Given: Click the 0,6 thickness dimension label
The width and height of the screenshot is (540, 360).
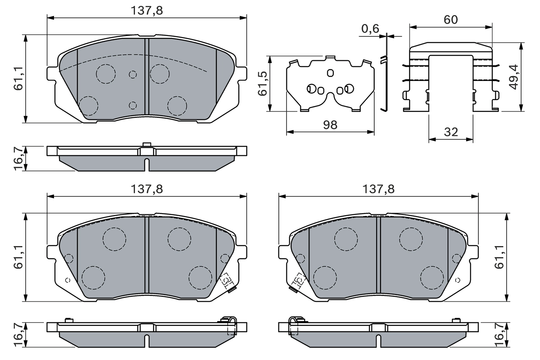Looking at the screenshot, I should click(x=370, y=29).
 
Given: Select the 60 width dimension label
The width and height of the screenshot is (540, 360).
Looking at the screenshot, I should click(x=451, y=19).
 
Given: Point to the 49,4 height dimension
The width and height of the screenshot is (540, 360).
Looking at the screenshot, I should click(x=513, y=77).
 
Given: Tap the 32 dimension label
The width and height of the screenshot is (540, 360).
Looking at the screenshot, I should click(x=451, y=132).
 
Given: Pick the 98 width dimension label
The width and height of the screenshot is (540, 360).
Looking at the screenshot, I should click(x=330, y=125).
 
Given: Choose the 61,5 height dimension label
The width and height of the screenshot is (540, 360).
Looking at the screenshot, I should click(x=262, y=84).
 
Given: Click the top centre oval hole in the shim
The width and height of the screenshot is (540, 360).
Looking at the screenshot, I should click(x=330, y=73).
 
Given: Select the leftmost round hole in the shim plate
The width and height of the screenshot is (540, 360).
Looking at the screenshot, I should click(x=311, y=88).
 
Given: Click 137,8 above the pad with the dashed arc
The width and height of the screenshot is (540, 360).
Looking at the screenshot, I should click(x=146, y=11).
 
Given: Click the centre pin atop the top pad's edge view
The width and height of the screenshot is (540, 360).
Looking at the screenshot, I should click(x=146, y=145).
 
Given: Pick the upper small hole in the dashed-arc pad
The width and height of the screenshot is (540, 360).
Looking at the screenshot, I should click(x=133, y=75).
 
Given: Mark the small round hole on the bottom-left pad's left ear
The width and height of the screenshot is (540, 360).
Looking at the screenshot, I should click(x=67, y=280).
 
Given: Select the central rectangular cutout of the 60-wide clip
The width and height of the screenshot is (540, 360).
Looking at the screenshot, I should click(x=451, y=82).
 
